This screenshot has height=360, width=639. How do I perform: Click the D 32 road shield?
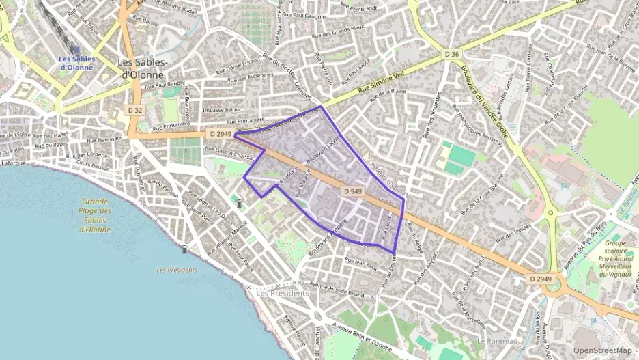point(135,110)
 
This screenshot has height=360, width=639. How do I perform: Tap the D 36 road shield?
point(451,54)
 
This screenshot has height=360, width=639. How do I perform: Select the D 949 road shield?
point(352,191)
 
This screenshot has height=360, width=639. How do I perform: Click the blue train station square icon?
point(76,49)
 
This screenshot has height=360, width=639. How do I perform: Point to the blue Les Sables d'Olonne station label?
point(76,62)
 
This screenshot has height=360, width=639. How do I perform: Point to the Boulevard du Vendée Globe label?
point(485,102)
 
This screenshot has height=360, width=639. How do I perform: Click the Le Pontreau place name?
point(498,340)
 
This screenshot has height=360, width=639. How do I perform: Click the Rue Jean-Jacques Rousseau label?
point(472,129)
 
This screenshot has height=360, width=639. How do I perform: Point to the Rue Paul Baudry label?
point(165,84)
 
